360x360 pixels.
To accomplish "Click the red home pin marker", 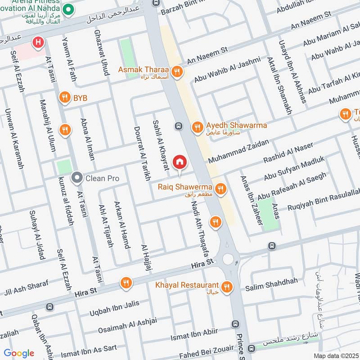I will click(180, 162).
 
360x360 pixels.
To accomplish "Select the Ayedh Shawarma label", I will click(236, 126).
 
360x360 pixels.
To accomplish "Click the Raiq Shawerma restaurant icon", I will click(220, 189).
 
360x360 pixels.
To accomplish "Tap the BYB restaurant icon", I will click(65, 98).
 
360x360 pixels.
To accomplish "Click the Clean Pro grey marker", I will click(77, 178).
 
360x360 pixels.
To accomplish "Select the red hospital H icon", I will click(38, 43).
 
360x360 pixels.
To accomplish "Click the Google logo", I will click(19, 353).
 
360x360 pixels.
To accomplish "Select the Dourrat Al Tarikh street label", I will click(141, 153).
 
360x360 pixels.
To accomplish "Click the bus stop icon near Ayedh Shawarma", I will click(179, 126).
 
